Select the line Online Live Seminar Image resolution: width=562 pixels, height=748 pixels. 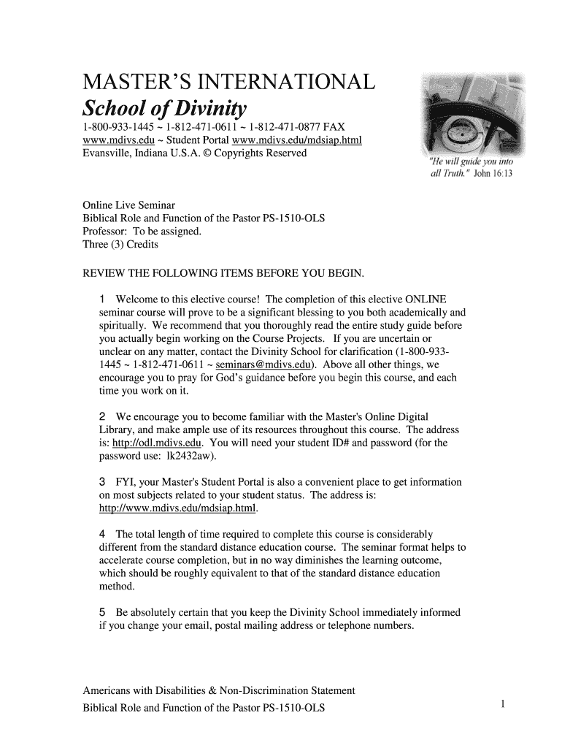[x=128, y=205]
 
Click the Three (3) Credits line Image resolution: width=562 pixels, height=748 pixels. [x=120, y=244]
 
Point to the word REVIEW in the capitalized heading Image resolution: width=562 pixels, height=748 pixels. [x=104, y=273]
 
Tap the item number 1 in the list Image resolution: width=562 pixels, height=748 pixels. [x=102, y=299]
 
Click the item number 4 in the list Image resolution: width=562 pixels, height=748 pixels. [x=102, y=534]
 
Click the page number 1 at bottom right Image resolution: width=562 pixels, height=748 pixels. [x=503, y=703]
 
